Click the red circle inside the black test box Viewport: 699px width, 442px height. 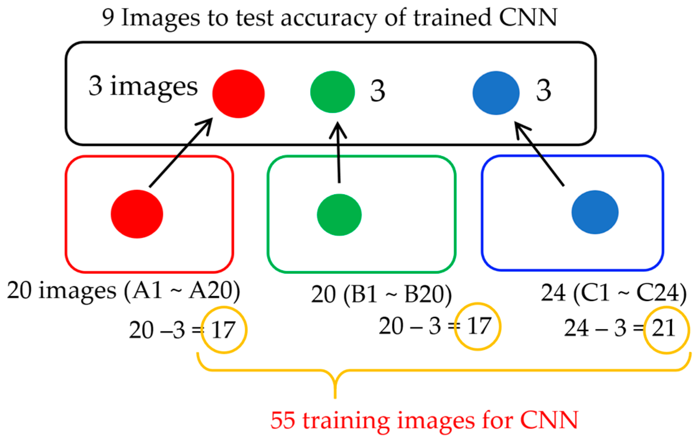point(238,94)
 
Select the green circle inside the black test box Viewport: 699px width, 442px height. point(332,92)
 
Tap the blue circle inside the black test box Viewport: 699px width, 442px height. point(496,93)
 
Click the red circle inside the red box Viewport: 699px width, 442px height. point(137,214)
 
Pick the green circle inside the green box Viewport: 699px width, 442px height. point(339,215)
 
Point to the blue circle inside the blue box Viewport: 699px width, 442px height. point(595,212)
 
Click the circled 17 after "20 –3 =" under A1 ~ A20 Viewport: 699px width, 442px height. point(224,330)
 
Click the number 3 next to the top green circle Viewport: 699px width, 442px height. point(377,91)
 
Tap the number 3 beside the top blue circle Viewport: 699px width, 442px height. point(543,90)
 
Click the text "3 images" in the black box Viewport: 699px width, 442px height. point(143,86)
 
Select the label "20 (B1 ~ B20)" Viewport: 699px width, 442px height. point(381,294)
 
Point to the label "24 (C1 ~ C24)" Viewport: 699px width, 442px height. point(614,293)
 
